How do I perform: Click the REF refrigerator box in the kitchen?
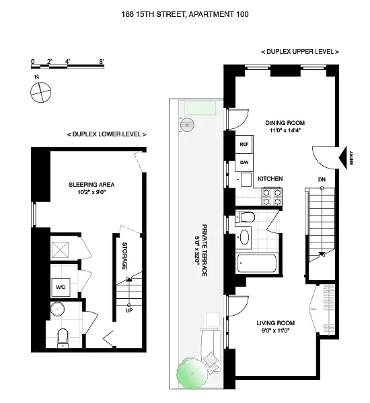[244, 144]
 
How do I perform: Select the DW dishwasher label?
[244, 163]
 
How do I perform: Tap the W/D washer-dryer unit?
[61, 287]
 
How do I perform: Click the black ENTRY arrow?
[342, 158]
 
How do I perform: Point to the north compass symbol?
[40, 92]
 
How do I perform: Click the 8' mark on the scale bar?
[102, 61]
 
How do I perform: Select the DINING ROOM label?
[285, 123]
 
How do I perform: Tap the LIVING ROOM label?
[276, 323]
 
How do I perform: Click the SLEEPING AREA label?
[91, 185]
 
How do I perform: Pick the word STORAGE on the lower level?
[124, 256]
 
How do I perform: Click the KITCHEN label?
[270, 179]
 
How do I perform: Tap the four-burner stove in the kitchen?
[272, 197]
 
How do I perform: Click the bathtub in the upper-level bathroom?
[257, 263]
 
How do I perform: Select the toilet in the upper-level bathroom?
[245, 217]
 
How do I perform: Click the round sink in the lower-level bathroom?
[57, 309]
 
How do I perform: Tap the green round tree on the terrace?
[191, 373]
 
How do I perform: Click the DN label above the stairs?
[322, 179]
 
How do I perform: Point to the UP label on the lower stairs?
[129, 310]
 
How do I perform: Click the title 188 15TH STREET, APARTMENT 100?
[185, 14]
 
